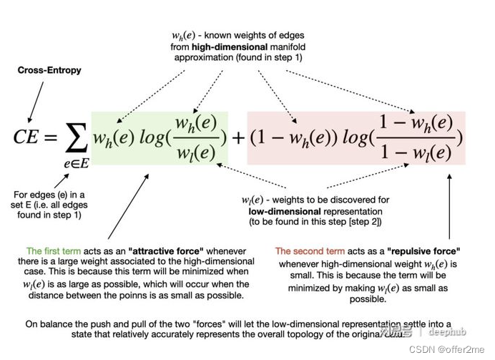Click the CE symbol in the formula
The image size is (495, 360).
pyautogui.click(x=28, y=137)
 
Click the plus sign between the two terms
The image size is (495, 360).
pyautogui.click(x=237, y=137)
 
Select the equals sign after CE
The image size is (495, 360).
pyautogui.click(x=53, y=137)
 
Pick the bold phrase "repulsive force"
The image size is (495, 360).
pyautogui.click(x=423, y=251)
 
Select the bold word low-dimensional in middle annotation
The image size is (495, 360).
pyautogui.click(x=278, y=212)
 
